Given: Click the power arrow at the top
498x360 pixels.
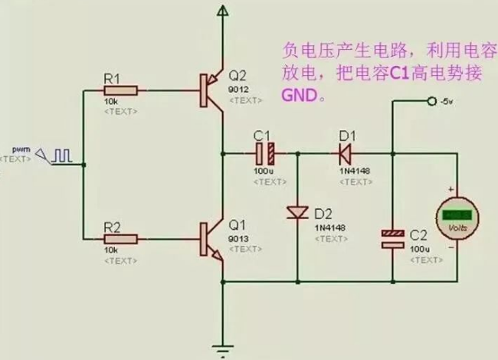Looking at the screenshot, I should pyautogui.click(x=222, y=10).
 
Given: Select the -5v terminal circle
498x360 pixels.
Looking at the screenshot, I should pyautogui.click(x=431, y=101).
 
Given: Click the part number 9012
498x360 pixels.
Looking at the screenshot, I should pyautogui.click(x=237, y=90).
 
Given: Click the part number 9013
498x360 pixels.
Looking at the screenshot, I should pyautogui.click(x=237, y=239).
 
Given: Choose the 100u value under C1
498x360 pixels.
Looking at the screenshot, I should pyautogui.click(x=262, y=171).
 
